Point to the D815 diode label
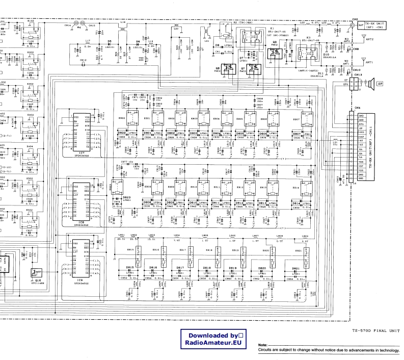coord(130,267)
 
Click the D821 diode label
coord(295,268)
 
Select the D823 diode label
coord(127,197)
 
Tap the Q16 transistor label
coord(38,280)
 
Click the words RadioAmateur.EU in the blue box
coord(213,344)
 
